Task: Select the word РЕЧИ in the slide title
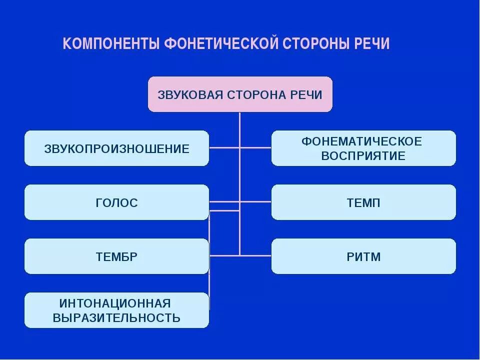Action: pos(371,43)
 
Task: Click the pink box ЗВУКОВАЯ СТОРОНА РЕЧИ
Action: pos(240,94)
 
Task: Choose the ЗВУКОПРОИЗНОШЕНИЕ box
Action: pos(116,148)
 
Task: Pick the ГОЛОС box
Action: pos(116,202)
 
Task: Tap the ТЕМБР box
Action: pos(116,257)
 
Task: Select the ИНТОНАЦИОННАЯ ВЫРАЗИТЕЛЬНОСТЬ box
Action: pos(116,310)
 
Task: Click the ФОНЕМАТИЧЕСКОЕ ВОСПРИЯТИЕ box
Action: pos(363,148)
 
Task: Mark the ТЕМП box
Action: pos(363,202)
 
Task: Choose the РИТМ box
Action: pos(363,257)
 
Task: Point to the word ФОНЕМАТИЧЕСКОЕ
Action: pos(361,141)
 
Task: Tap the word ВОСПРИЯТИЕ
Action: pos(363,156)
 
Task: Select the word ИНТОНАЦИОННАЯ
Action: pos(115,303)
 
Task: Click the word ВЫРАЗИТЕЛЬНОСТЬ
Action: pos(116,317)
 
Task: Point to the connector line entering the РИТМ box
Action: pos(256,255)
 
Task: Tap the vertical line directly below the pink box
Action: pos(240,125)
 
